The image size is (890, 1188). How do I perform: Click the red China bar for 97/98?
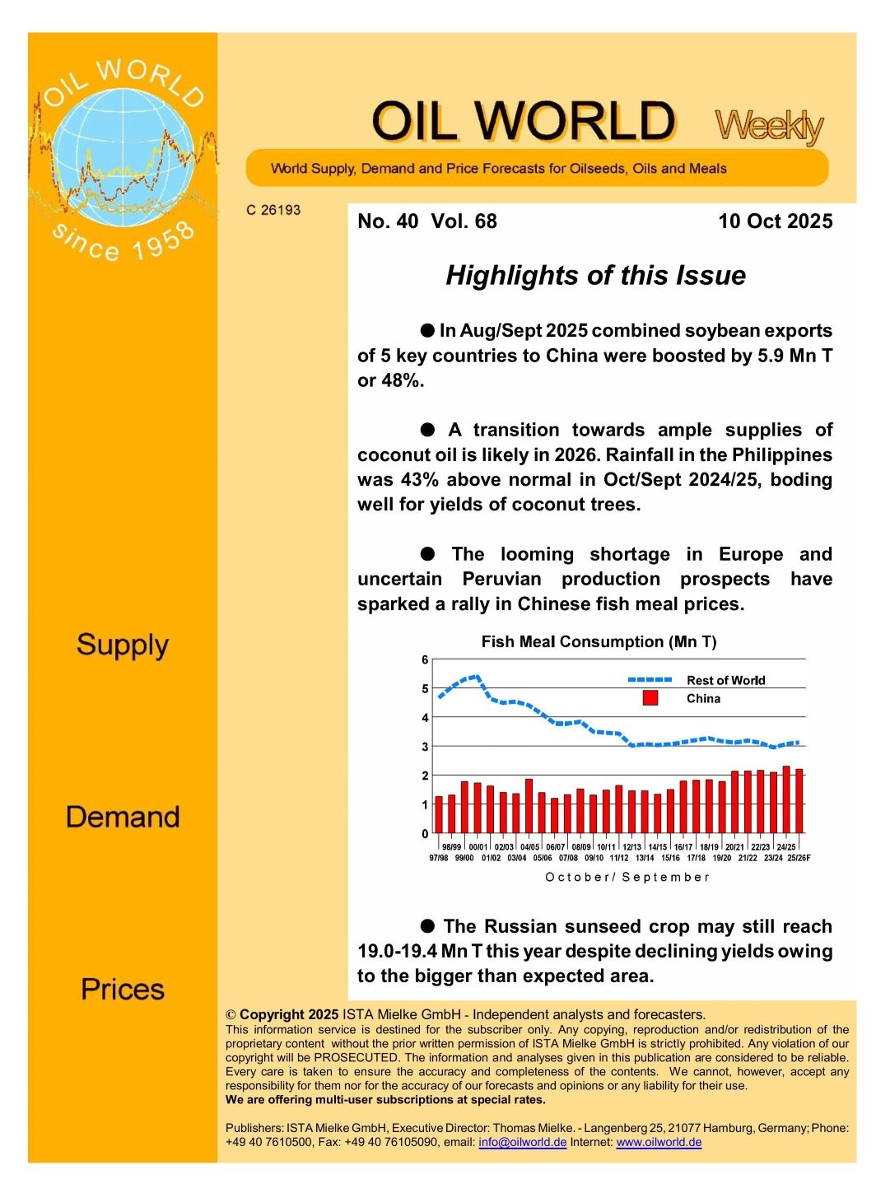coord(439,814)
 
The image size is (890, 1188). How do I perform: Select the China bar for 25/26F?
coord(799,800)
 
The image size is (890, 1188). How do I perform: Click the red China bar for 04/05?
coord(529,806)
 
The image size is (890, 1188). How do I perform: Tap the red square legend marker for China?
coord(650,698)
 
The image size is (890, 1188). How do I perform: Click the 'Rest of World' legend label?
coord(725,680)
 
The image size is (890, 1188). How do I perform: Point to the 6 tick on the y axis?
coord(425,659)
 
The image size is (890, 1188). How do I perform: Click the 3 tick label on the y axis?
coord(425,747)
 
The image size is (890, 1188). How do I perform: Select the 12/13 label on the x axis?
coord(631,846)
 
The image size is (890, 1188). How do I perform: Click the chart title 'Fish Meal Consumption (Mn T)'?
coord(599,642)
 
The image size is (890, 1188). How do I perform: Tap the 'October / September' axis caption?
coord(627,877)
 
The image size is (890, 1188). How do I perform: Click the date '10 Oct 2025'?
coord(775,221)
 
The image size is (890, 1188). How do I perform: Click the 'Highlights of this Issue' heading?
coord(595,275)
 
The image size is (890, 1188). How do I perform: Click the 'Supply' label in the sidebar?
coord(123,645)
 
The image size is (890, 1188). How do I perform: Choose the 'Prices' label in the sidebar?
coord(123,989)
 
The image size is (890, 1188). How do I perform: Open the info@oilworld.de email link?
coord(522,1142)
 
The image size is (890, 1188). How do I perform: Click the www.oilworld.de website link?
coord(659,1142)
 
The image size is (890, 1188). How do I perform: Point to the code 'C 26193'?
coord(273,210)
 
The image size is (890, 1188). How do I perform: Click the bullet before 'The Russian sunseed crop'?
coord(427,926)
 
